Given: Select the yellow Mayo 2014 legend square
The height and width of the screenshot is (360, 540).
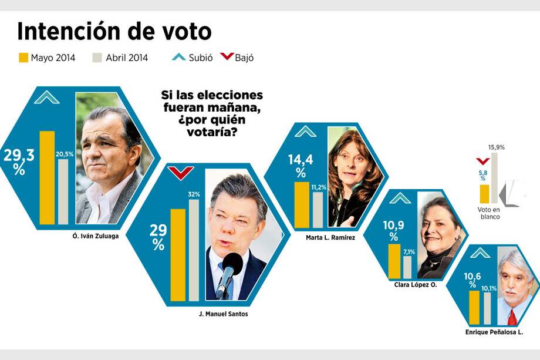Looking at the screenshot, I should coord(23,58).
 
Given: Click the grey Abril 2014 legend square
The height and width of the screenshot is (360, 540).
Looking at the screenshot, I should coord(98,58).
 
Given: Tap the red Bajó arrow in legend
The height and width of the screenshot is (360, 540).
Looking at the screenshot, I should coord(227,58).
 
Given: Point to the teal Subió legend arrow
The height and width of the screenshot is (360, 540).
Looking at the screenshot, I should coord(178,58).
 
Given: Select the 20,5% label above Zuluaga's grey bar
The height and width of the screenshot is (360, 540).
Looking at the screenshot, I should coord(64,154).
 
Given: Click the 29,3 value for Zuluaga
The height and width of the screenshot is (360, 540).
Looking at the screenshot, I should coord(19,156).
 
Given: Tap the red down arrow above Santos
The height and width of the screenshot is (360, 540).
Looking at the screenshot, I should coord(180,173).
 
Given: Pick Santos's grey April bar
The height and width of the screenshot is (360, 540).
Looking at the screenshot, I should coord(194,250).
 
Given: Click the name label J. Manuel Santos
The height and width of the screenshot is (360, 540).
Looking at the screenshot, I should coord(223,314).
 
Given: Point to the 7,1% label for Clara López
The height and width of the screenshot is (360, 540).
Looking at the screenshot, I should coord(409,252).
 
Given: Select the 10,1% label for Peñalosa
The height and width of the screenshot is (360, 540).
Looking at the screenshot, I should coord(489,288).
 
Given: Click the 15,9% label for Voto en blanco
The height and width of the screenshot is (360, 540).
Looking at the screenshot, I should coord(496,147).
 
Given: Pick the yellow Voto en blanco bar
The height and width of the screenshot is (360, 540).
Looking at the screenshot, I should coord(484,194).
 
